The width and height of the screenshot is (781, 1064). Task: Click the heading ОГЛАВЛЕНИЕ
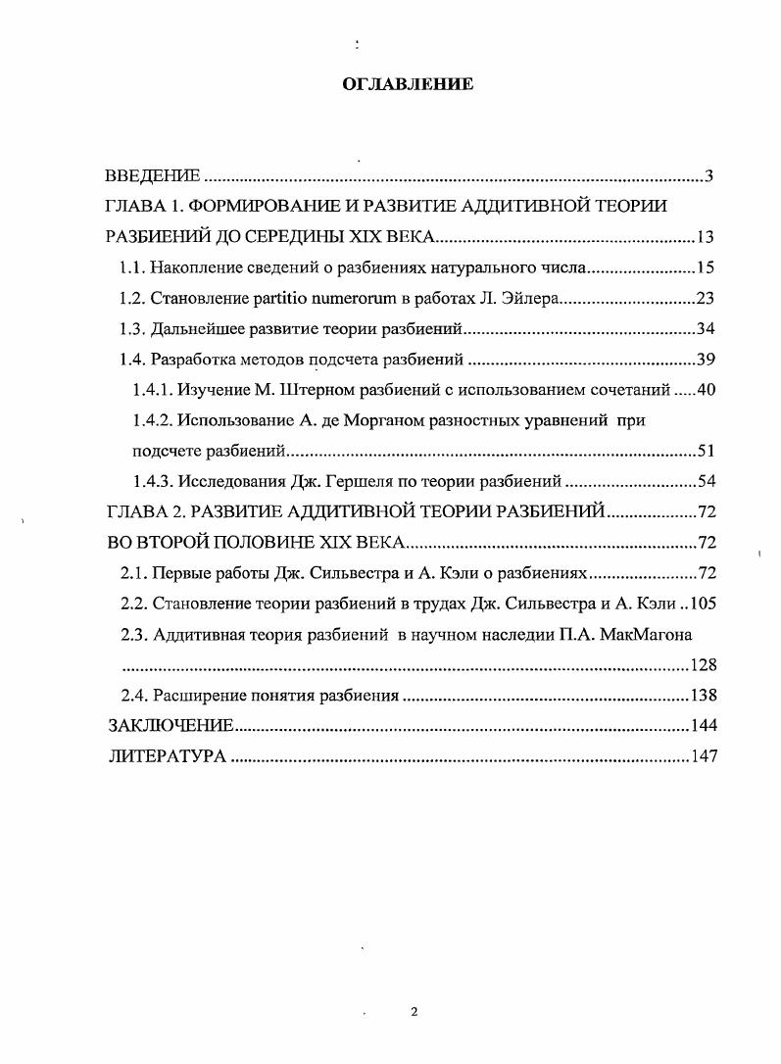[408, 85]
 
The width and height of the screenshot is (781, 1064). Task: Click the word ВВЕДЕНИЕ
[153, 176]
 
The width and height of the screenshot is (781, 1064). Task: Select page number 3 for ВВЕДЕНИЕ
[708, 176]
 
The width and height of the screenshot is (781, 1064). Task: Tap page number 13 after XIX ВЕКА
[707, 237]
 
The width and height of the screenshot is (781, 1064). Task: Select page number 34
[707, 328]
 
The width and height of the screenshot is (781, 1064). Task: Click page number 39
[707, 359]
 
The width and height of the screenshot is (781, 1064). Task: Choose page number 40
[707, 389]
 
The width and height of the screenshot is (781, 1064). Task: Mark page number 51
[707, 451]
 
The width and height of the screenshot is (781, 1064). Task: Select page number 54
[707, 481]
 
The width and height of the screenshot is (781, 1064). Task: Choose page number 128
[704, 664]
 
